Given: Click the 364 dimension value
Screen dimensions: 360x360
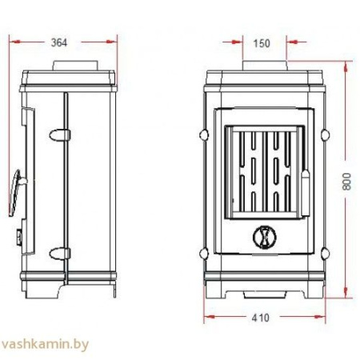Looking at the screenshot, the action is [59, 42].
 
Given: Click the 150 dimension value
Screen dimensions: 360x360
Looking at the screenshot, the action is [262, 43].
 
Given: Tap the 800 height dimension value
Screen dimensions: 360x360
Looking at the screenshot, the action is [346, 182].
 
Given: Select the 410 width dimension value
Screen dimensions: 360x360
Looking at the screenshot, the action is [261, 318].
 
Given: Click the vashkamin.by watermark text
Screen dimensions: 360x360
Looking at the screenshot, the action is [45, 344].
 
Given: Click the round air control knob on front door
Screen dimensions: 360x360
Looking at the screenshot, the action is [265, 237].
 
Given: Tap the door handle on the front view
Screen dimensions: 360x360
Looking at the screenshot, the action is [306, 193].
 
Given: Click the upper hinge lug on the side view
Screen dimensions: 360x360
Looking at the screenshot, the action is [59, 135].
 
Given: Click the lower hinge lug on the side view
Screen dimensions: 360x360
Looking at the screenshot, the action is [59, 254].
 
